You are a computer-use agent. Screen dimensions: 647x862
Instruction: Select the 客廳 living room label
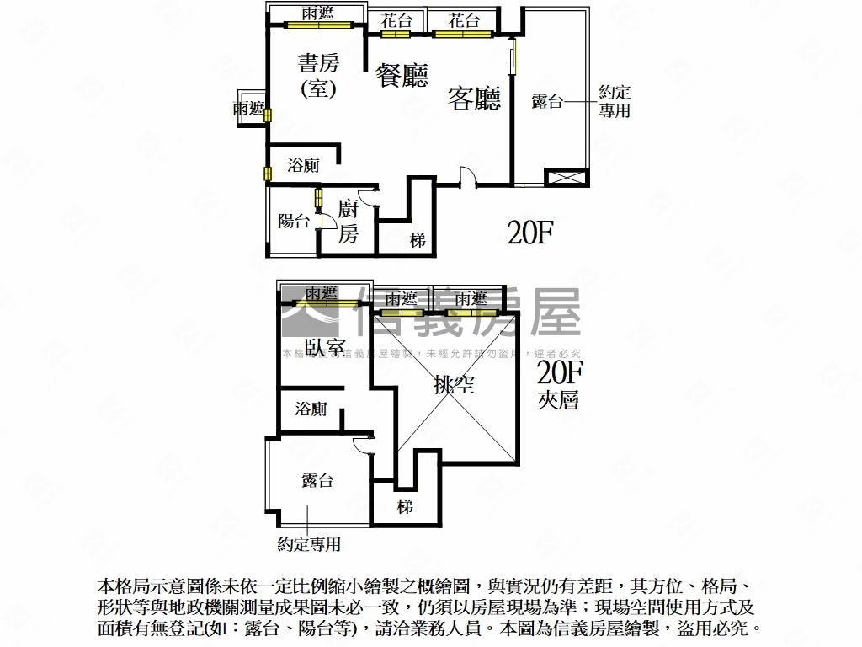pos(475,99)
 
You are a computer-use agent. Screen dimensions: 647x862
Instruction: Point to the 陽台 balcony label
pos(294,222)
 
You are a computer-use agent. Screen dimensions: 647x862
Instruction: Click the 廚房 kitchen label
pos(348,221)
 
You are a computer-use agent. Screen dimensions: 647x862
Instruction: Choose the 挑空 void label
pos(455,385)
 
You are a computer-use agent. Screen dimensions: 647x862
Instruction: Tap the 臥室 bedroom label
pos(325,348)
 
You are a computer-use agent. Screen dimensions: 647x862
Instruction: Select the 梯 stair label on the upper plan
pos(418,241)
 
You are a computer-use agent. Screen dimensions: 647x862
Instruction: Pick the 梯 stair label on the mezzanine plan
pos(406,506)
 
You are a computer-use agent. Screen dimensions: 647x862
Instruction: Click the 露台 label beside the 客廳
pos(547,102)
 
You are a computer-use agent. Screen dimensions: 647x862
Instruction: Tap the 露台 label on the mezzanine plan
pos(317,480)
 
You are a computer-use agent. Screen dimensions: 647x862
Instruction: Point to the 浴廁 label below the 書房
pos(303,166)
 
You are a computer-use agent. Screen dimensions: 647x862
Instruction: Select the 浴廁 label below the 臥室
pos(311,409)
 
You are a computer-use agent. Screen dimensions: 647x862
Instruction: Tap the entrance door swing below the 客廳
pos(468,176)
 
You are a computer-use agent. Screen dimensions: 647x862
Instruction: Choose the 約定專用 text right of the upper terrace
pos(615,101)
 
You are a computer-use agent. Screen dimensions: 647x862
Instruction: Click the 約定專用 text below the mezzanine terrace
pos(309,545)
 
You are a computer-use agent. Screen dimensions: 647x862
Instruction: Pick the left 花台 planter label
pos(396,21)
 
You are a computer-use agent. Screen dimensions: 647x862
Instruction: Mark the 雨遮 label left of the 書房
pos(248,109)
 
